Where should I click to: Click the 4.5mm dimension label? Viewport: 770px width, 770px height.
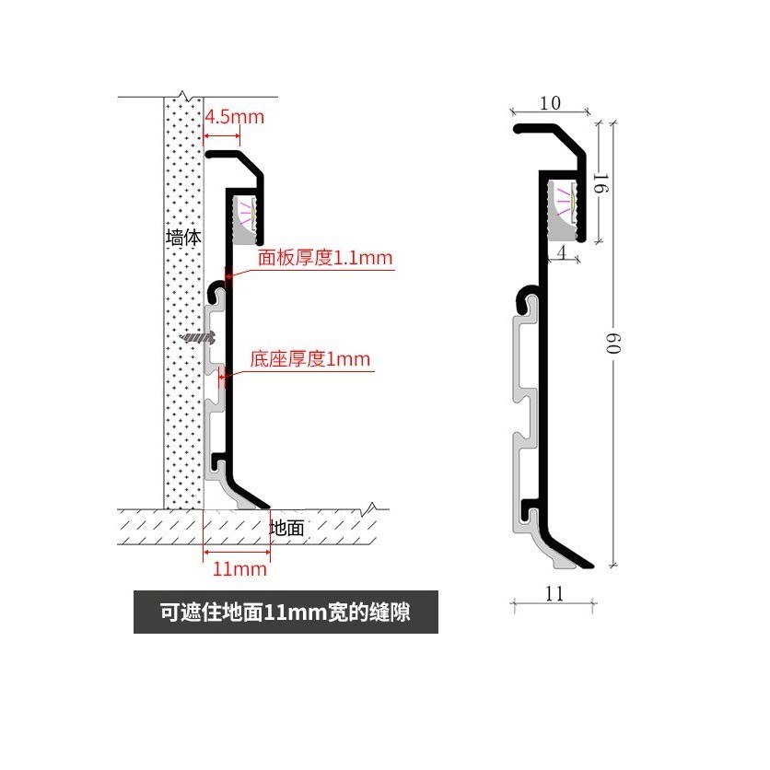tap(234, 117)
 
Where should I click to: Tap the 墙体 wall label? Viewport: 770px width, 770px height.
tap(183, 237)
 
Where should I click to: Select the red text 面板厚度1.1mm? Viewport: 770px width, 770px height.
tap(325, 259)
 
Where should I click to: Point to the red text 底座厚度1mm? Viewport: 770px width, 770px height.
tap(310, 358)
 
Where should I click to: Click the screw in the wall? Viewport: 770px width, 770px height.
tap(196, 338)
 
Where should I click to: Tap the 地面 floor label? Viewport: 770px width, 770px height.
tap(287, 528)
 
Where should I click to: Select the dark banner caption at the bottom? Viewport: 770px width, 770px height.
tap(286, 613)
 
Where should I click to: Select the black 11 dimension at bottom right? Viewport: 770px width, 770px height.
tap(554, 593)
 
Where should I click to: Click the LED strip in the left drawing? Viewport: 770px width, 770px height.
tap(246, 214)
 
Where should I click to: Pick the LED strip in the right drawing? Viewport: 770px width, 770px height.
tap(564, 202)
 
